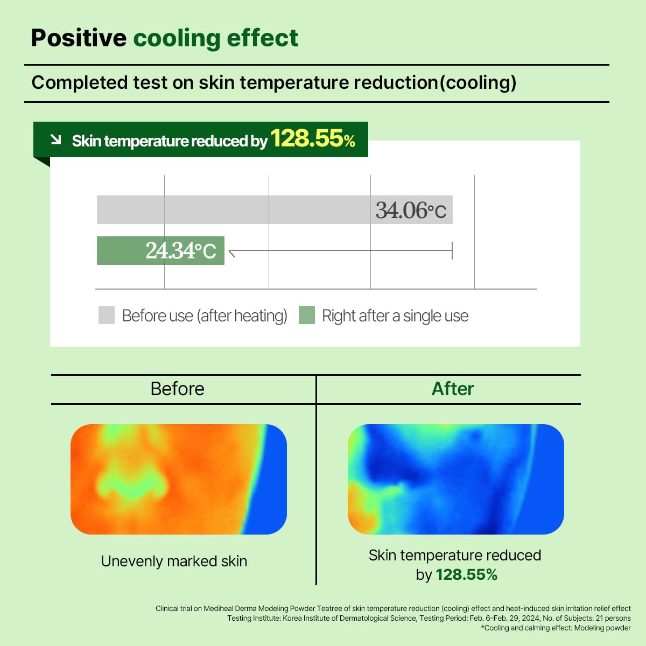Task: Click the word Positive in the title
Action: tap(79, 38)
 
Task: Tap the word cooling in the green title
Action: tap(177, 38)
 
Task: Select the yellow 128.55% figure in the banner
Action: tap(313, 139)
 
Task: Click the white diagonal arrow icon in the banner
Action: tap(55, 140)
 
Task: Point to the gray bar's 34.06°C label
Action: tap(411, 210)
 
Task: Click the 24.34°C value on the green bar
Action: tap(180, 251)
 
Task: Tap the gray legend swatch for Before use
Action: tap(107, 315)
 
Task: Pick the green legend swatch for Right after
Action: tap(306, 315)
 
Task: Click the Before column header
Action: tap(177, 389)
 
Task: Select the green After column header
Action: tap(453, 389)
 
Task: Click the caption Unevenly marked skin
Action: tap(174, 561)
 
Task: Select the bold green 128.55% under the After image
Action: tap(466, 575)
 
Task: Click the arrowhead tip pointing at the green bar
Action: tap(230, 251)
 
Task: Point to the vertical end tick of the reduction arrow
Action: tap(452, 251)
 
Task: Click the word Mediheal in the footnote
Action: tap(219, 608)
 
